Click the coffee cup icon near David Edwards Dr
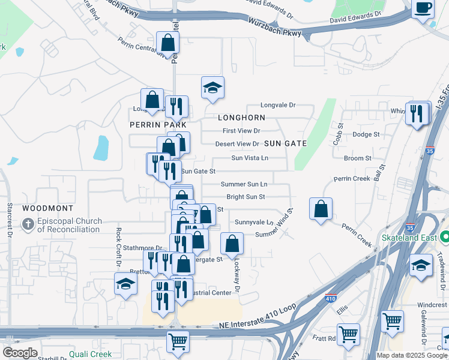tap(424, 8)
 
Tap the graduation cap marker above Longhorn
tap(212, 88)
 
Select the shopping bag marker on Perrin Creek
tap(322, 209)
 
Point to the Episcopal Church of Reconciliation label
tap(64, 225)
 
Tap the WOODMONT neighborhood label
tap(48, 208)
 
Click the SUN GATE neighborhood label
tap(286, 143)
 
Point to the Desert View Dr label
tap(237, 144)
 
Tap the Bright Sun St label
tap(246, 197)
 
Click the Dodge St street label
tap(366, 134)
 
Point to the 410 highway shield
tap(331, 298)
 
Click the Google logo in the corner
tap(20, 353)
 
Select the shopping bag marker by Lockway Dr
tap(232, 244)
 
